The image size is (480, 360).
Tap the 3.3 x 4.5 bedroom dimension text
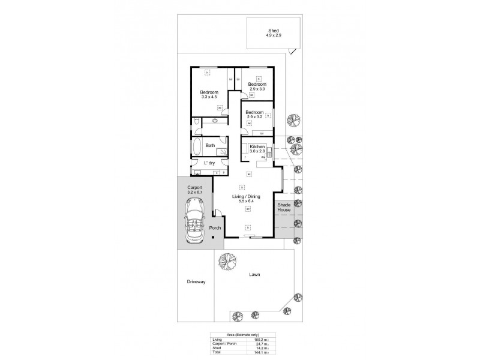[209, 97]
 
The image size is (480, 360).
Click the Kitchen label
[257, 146]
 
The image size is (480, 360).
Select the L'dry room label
[209, 163]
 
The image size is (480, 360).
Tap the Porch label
[215, 228]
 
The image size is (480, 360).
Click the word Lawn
[255, 275]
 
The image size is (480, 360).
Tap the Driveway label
[196, 281]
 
